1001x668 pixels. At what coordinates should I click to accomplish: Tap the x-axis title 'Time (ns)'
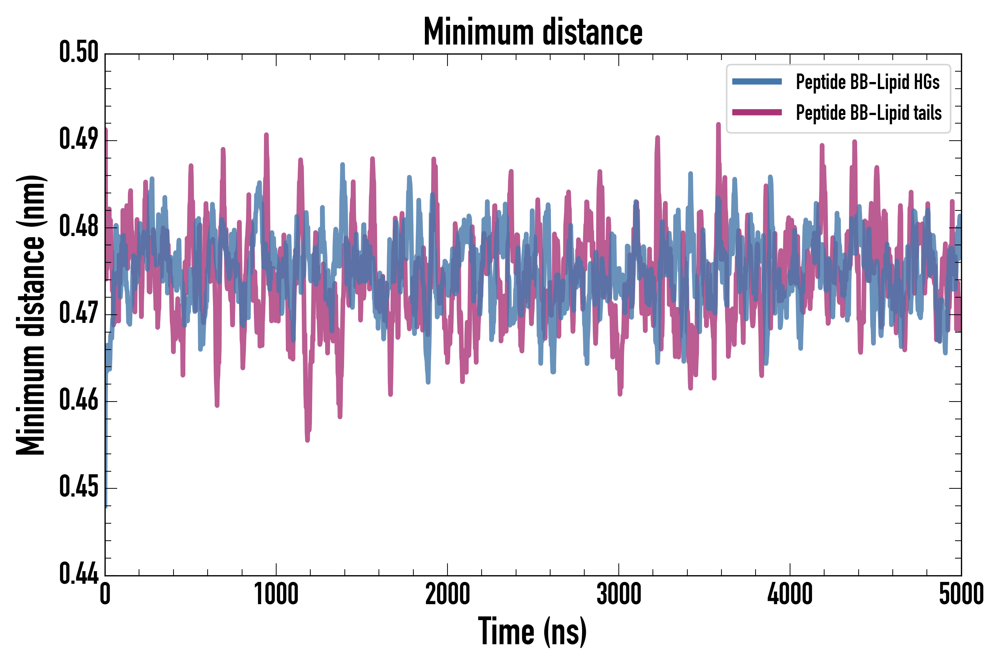click(532, 631)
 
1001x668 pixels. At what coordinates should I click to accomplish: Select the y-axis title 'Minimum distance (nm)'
click(31, 315)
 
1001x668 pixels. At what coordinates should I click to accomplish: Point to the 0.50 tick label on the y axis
click(79, 52)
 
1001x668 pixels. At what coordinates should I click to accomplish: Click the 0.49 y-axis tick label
click(79, 140)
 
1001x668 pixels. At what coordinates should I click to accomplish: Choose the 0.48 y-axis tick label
click(79, 227)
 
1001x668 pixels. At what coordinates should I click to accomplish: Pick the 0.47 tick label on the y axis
click(79, 314)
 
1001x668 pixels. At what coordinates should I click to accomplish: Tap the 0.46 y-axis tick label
click(79, 400)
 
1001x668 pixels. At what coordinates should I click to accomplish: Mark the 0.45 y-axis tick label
click(79, 487)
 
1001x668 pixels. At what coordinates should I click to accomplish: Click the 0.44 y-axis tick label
click(79, 574)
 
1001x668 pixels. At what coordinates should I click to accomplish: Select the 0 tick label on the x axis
click(105, 594)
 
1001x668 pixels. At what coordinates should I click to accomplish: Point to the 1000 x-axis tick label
click(276, 594)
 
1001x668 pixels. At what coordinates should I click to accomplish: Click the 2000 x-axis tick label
click(447, 594)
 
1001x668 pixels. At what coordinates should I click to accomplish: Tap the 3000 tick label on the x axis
click(618, 594)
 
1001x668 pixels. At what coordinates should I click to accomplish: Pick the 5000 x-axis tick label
click(961, 594)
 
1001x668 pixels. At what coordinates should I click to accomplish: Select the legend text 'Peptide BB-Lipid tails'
click(869, 113)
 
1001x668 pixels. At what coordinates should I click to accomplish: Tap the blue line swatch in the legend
click(757, 82)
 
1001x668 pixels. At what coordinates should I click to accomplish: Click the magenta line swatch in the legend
click(757, 112)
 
